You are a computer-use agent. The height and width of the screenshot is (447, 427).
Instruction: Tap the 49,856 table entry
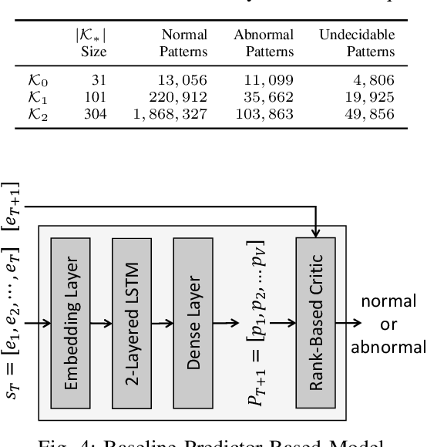(x=371, y=113)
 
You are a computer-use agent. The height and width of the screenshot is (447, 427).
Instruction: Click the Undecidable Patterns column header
(x=357, y=44)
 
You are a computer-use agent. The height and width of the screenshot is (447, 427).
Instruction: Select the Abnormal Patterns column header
(x=264, y=44)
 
